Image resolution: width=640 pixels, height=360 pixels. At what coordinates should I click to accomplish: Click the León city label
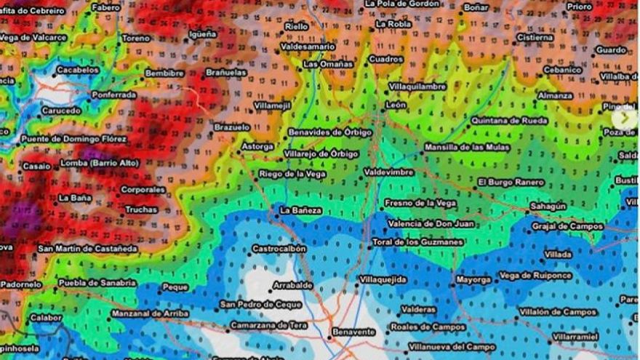396,105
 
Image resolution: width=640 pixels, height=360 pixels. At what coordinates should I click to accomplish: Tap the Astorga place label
258,146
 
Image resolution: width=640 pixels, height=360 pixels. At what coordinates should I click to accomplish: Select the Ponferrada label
114,95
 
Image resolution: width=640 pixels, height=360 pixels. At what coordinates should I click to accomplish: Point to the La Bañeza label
301,210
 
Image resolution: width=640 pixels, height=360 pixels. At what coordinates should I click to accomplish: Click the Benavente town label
353,332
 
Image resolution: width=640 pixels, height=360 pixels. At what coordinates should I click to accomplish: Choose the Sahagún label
548,206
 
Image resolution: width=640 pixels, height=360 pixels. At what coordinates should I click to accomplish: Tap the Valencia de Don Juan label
431,224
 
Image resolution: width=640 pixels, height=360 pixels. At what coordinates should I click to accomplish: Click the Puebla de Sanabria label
97,282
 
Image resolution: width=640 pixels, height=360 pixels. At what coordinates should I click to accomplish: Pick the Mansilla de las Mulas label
467,147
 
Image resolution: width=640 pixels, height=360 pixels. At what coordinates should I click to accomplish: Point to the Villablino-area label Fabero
106,7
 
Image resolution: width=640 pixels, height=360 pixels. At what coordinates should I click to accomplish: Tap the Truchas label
141,209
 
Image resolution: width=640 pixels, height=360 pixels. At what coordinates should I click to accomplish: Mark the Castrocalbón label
279,248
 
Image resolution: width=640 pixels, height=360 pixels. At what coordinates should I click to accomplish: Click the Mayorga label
473,279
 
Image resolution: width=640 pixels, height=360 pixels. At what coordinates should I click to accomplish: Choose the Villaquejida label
383,279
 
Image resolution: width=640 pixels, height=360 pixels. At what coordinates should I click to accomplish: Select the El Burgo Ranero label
511,182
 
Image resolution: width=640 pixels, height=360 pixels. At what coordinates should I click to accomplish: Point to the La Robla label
393,23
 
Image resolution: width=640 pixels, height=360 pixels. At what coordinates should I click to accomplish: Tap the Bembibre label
164,73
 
